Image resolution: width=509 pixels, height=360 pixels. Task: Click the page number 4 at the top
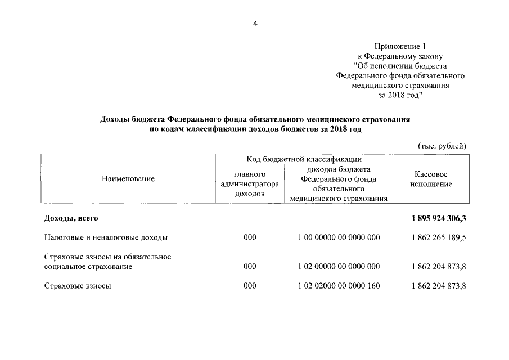[x=255, y=24]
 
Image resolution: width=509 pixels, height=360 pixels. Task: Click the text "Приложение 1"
[x=400, y=46]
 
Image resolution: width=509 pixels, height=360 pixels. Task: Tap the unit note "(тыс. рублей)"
[x=442, y=146]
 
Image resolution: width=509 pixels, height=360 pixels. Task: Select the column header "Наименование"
[x=128, y=178]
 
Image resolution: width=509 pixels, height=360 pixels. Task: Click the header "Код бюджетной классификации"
[x=304, y=159]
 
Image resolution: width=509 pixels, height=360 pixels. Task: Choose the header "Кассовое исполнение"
[x=431, y=179]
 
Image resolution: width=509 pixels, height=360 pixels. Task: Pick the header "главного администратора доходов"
[x=250, y=183]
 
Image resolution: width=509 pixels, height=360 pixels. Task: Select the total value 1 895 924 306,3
[x=439, y=218]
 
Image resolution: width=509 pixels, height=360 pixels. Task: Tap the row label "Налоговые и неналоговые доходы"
[x=106, y=237]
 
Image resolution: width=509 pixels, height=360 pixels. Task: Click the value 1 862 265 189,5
[x=439, y=237]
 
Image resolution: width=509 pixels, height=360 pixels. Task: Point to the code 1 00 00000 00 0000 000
[x=339, y=237]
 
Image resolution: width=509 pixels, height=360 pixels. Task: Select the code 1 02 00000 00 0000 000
[x=339, y=266]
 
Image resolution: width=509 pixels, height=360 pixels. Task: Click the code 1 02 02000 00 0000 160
[x=339, y=286]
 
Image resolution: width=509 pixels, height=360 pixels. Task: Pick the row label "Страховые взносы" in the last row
[x=78, y=286]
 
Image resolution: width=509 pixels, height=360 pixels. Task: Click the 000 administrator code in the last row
[x=250, y=286]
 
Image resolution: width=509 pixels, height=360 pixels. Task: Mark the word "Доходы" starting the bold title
[x=116, y=119]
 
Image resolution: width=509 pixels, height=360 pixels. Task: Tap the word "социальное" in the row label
[x=64, y=266]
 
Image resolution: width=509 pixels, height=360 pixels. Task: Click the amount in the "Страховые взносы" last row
[x=439, y=286]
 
